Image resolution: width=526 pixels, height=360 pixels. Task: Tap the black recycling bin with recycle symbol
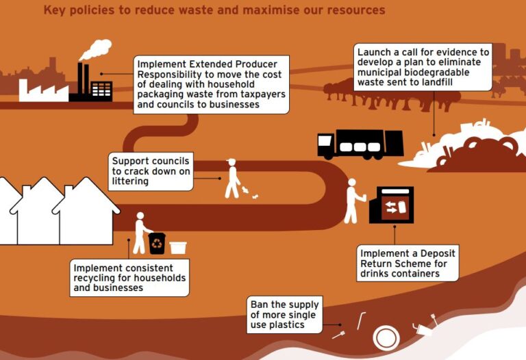point(158,243)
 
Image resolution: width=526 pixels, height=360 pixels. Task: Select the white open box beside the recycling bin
point(178,247)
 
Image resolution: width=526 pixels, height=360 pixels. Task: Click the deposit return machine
point(391,205)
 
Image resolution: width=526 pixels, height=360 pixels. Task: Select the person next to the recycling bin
point(141,233)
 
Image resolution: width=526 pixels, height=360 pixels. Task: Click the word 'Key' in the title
point(55,10)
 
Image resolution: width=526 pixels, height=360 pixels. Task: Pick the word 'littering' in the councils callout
point(130,181)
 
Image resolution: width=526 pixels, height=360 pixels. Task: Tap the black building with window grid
point(100,90)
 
